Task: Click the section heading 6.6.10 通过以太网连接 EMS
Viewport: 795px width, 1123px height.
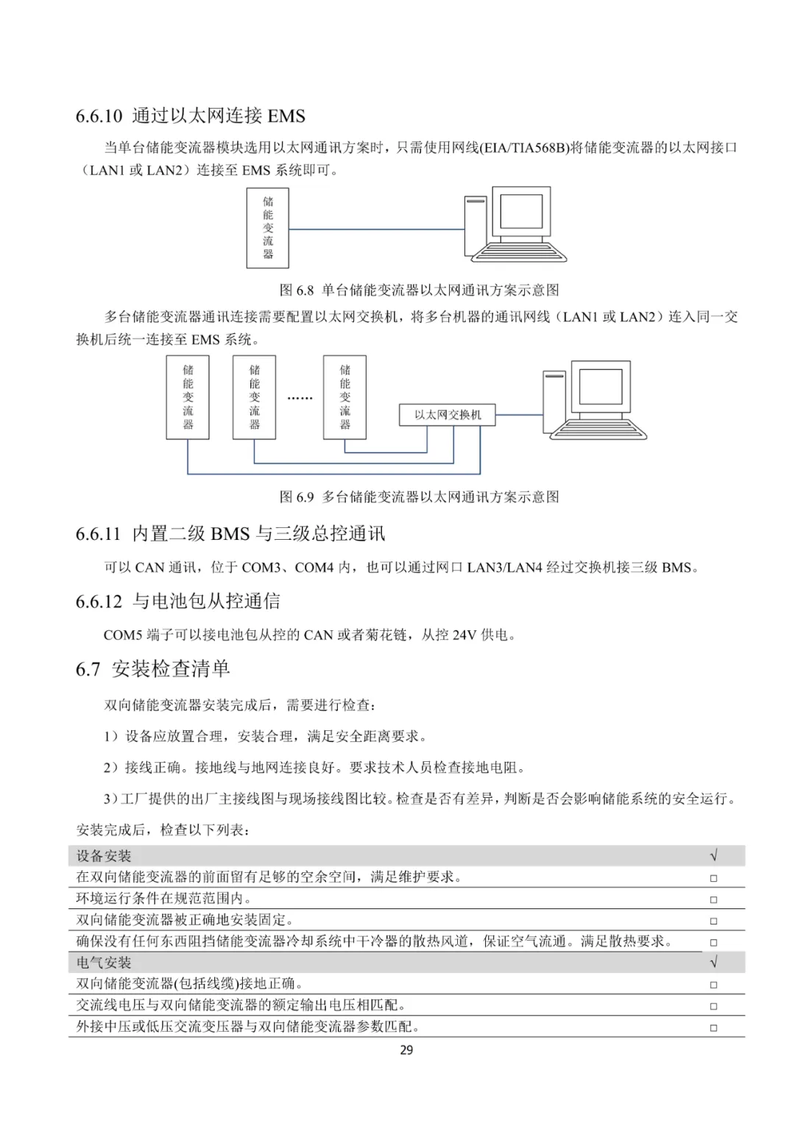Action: pyautogui.click(x=190, y=115)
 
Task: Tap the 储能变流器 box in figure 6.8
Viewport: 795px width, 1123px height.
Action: pyautogui.click(x=267, y=227)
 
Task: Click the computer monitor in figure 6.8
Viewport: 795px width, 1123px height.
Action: pyautogui.click(x=522, y=213)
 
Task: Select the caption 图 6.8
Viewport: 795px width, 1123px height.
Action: pyautogui.click(x=419, y=290)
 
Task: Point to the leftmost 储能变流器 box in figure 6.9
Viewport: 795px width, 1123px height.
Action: pyautogui.click(x=188, y=397)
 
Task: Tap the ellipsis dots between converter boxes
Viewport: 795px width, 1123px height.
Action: pyautogui.click(x=300, y=398)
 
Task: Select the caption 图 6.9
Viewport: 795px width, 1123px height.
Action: pyautogui.click(x=419, y=496)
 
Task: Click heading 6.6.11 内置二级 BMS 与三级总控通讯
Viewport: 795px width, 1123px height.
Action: pyautogui.click(x=230, y=533)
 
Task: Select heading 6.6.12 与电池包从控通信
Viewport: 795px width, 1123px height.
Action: pyautogui.click(x=177, y=601)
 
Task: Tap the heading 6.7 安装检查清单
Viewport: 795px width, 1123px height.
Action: pyautogui.click(x=153, y=669)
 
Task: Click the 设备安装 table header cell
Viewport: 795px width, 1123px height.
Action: pyautogui.click(x=104, y=856)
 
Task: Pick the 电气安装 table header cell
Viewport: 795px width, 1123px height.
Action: pyautogui.click(x=104, y=963)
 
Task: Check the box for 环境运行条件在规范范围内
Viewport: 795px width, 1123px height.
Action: pyautogui.click(x=713, y=899)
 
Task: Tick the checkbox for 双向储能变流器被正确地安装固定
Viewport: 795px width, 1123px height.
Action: pyautogui.click(x=713, y=921)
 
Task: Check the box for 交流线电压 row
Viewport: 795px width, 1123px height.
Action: pyautogui.click(x=713, y=1006)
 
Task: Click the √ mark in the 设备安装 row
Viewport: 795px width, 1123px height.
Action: pyautogui.click(x=713, y=856)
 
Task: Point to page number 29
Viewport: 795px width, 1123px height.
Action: pyautogui.click(x=406, y=1050)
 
